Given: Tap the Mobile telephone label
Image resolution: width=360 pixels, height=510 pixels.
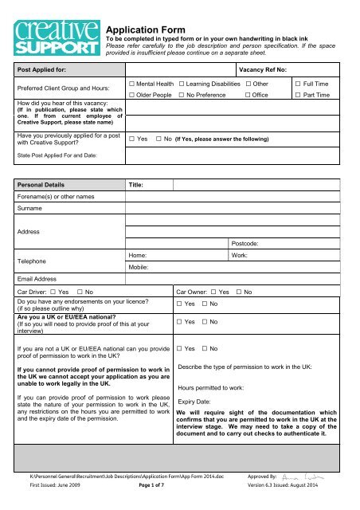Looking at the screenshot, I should tap(141, 269).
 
